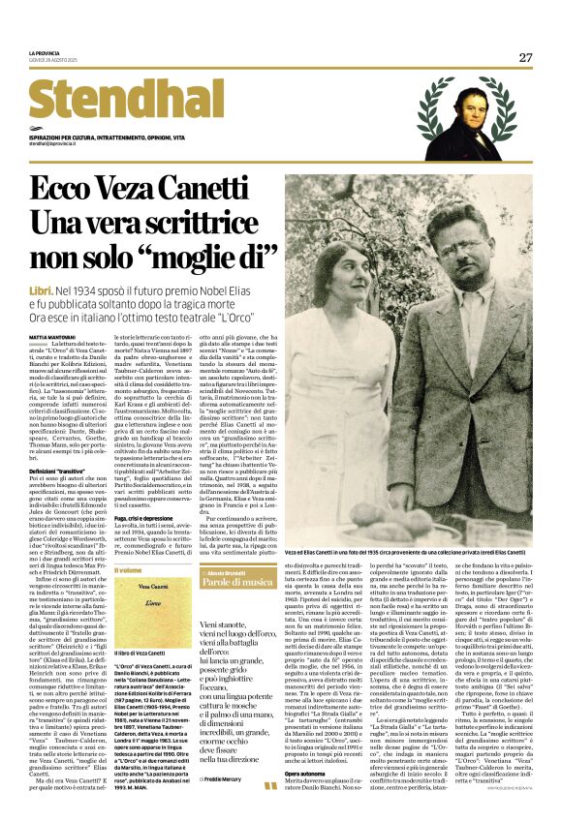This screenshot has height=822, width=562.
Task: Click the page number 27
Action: pyautogui.click(x=525, y=57)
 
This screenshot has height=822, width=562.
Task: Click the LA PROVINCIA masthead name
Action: pyautogui.click(x=47, y=52)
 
